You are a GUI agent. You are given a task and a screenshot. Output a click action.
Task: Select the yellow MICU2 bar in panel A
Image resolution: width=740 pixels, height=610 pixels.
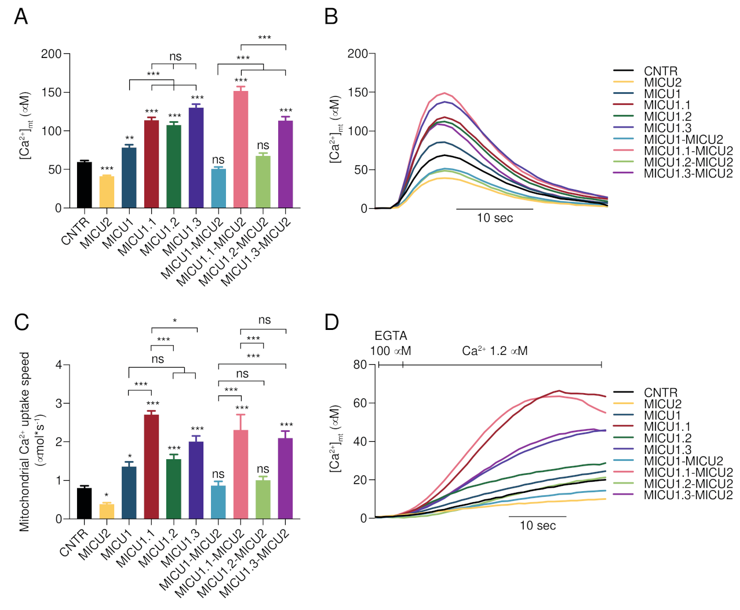point(107,192)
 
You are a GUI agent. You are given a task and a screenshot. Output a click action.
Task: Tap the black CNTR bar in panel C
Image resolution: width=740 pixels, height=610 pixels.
point(84,503)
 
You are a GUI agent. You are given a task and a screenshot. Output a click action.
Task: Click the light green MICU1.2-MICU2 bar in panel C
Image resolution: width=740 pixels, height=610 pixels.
point(263,499)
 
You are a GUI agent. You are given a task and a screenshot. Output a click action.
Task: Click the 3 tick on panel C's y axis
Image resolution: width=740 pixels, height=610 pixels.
point(59,403)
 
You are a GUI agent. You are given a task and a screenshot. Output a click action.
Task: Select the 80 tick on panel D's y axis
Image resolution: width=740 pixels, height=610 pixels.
point(360,364)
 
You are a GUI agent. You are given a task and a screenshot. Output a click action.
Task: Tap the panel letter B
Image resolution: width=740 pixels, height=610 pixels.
point(331,16)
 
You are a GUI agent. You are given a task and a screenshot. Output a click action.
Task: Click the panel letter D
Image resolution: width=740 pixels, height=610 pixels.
point(331,322)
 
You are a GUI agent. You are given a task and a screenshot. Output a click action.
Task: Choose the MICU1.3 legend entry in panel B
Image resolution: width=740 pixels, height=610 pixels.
point(667,128)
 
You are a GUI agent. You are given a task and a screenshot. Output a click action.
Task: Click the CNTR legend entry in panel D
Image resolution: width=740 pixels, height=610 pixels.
point(660,393)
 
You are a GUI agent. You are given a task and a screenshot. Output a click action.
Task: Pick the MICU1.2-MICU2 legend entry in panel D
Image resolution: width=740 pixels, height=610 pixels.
point(688,484)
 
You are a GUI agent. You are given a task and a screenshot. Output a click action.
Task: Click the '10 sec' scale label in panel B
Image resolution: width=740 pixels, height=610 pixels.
point(495,218)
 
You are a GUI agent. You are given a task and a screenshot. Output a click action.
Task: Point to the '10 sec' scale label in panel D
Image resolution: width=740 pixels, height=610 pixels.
point(537,525)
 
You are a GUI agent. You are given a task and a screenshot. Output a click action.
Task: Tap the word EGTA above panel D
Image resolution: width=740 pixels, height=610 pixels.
point(391,336)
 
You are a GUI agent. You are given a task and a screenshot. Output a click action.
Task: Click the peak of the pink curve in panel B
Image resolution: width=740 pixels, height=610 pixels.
point(444,93)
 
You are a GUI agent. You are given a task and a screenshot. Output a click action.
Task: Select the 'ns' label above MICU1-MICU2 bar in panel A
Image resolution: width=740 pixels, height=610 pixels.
point(218,160)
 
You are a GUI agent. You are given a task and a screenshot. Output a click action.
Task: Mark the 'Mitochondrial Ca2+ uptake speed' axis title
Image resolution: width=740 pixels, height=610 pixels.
point(24,441)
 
